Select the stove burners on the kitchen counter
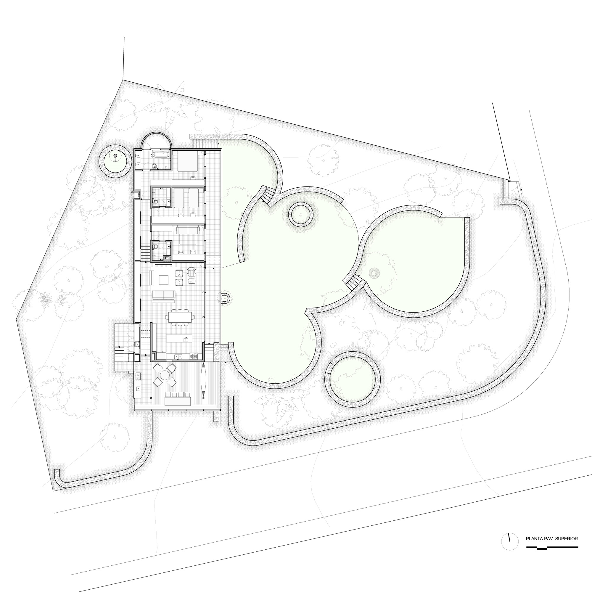click(x=194, y=356)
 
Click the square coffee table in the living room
click(x=163, y=280)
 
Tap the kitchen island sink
click(x=185, y=339)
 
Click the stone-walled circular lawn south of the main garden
click(x=352, y=379)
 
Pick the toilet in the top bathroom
click(x=155, y=166)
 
